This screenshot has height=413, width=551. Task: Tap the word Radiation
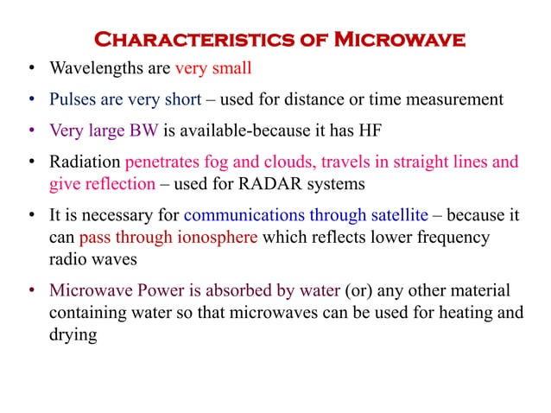(x=85, y=162)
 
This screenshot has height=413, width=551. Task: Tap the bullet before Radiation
(x=31, y=162)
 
